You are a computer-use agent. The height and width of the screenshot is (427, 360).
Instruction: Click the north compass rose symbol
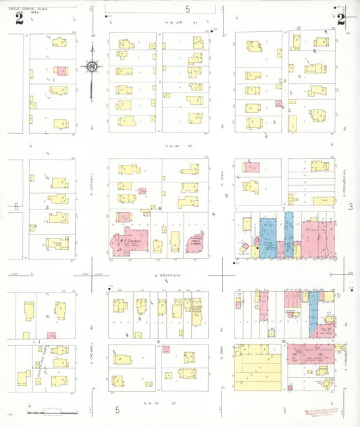click(91, 66)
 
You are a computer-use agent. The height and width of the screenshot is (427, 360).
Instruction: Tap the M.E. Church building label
click(127, 240)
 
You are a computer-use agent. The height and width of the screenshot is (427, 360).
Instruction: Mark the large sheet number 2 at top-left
click(20, 19)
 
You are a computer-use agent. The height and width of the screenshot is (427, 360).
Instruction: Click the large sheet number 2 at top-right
click(341, 18)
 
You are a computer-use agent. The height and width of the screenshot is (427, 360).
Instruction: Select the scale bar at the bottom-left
click(51, 409)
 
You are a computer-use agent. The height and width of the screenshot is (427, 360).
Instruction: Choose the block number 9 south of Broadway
click(159, 343)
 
